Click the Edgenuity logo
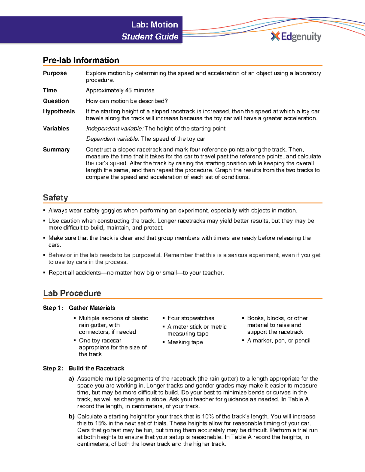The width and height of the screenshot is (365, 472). click(x=296, y=36)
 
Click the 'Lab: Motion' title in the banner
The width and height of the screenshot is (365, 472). click(x=155, y=25)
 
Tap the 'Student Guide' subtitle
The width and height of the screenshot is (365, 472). click(x=150, y=37)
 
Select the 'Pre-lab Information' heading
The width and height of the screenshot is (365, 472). click(x=81, y=60)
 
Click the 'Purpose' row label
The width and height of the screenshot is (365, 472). click(x=55, y=73)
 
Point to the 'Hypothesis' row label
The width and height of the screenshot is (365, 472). click(x=59, y=111)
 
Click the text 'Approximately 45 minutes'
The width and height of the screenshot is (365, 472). click(x=120, y=90)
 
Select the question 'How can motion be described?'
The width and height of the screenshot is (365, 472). click(x=127, y=101)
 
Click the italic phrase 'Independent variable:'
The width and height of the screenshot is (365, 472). click(x=115, y=129)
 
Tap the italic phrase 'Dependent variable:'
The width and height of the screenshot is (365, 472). click(x=113, y=139)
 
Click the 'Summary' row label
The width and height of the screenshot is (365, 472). click(x=56, y=150)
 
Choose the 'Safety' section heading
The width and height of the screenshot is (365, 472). click(x=55, y=198)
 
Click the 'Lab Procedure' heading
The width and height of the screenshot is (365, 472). click(x=72, y=293)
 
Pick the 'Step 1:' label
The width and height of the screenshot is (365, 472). click(x=53, y=308)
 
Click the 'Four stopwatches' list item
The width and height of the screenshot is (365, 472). click(x=190, y=318)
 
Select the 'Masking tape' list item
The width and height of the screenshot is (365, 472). click(x=185, y=342)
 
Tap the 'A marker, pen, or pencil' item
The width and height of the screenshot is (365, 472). click(x=279, y=341)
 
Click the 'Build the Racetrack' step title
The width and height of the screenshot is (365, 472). click(x=96, y=368)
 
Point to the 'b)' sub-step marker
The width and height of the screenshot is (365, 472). click(x=71, y=416)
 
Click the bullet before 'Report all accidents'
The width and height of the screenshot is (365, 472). click(x=44, y=273)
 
